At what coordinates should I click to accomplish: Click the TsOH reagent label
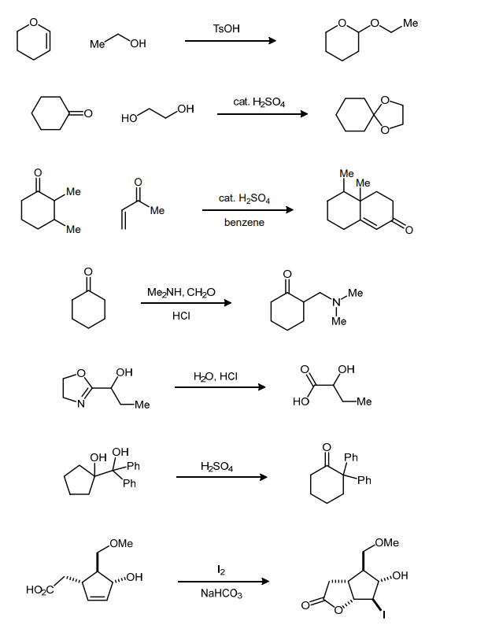click(x=227, y=28)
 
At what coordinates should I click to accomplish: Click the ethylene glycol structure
click(x=157, y=113)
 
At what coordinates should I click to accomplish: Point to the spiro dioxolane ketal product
click(x=369, y=115)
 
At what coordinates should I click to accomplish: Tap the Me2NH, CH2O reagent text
click(x=182, y=293)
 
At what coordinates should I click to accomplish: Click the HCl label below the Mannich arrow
click(x=182, y=316)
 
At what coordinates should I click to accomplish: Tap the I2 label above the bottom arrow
click(x=221, y=569)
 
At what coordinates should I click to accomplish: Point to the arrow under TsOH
click(x=230, y=41)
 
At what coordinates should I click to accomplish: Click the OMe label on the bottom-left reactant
click(x=121, y=543)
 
